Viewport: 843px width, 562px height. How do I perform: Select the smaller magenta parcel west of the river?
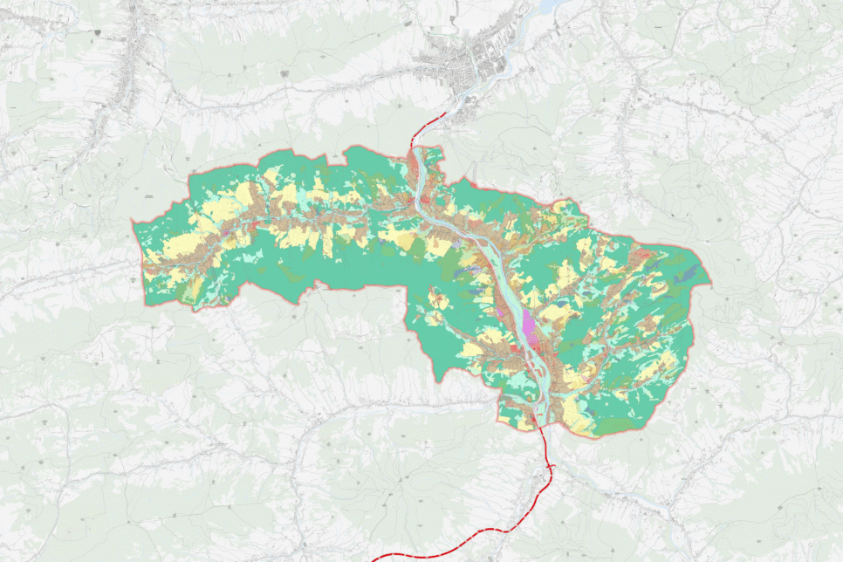click(500, 310)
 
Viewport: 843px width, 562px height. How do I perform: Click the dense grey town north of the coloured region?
click(454, 66)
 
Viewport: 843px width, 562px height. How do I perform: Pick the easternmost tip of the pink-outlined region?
click(710, 284)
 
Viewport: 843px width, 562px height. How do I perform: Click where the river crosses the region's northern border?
click(426, 150)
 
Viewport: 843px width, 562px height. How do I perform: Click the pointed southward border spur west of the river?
click(440, 380)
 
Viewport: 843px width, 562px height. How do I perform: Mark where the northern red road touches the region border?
click(412, 147)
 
